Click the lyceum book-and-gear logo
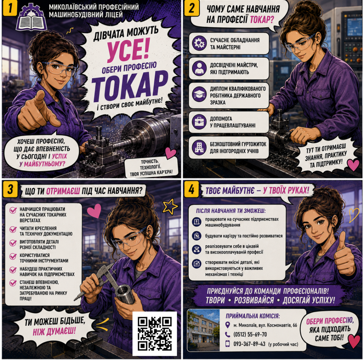(x=31, y=18)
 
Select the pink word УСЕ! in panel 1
(x=128, y=49)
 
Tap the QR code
(x=155, y=334)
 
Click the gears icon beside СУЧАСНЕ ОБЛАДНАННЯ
(x=199, y=43)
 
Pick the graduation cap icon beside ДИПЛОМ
(x=199, y=94)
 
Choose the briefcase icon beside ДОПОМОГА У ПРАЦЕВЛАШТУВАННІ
(x=199, y=122)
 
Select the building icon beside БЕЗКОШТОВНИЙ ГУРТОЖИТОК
(x=199, y=147)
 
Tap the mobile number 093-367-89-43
(x=249, y=344)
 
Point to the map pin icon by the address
(x=228, y=325)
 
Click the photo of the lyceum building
(x=204, y=330)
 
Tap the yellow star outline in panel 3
(x=170, y=206)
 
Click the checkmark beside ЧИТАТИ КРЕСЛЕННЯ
(x=13, y=229)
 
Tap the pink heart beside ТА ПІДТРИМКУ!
(x=353, y=165)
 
